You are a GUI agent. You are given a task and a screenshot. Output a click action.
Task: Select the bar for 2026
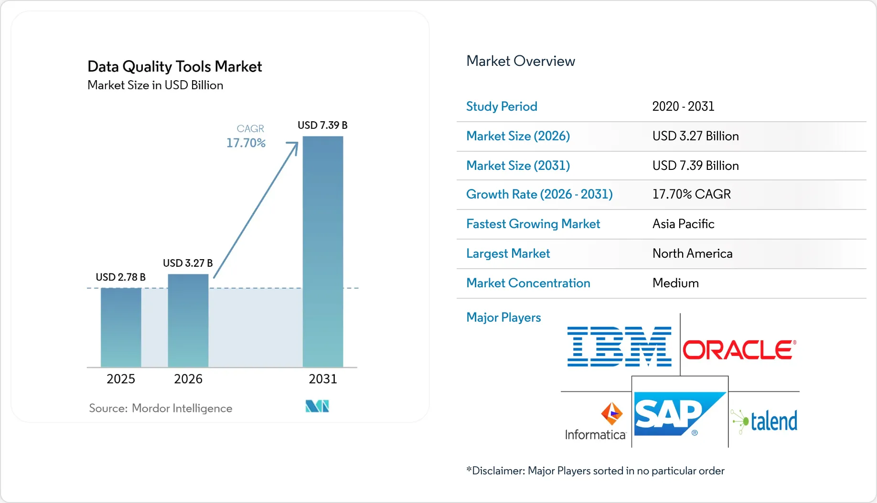click(x=188, y=321)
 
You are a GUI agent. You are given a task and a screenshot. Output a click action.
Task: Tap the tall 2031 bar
click(x=323, y=251)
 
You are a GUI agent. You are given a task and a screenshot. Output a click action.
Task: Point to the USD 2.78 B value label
click(x=120, y=277)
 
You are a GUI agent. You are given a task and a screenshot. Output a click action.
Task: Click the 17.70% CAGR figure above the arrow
click(x=246, y=143)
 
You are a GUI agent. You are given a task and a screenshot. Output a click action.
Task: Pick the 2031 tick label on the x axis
click(x=323, y=379)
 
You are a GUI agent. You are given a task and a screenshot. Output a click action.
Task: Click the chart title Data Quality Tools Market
click(x=175, y=66)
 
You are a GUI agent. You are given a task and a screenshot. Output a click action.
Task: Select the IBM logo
click(x=620, y=346)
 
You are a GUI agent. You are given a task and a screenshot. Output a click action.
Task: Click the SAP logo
click(x=680, y=414)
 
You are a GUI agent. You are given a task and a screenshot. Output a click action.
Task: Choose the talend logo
click(x=764, y=421)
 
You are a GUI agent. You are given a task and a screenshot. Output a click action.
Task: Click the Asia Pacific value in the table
click(x=683, y=224)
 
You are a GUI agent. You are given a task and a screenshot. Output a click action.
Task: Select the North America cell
click(x=692, y=253)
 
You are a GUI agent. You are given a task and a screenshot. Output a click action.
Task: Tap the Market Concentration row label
click(x=528, y=283)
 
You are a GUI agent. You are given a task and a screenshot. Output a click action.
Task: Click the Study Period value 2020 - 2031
click(x=683, y=106)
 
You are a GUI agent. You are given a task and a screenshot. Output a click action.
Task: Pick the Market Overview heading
click(x=521, y=61)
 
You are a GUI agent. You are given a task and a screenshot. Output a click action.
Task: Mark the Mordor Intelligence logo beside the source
click(x=317, y=406)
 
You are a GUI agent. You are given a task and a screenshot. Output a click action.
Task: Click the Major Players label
click(x=503, y=317)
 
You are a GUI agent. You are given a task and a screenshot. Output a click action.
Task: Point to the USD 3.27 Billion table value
click(x=695, y=136)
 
